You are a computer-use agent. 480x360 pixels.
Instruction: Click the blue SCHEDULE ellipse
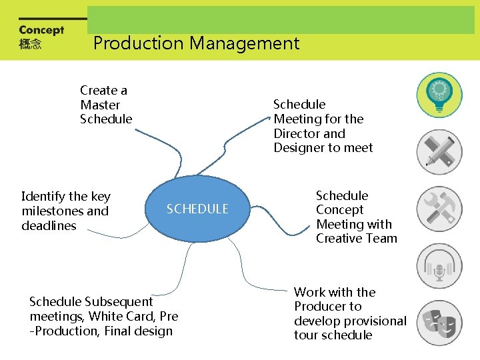click(x=197, y=209)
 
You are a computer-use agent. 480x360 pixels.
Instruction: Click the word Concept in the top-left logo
click(x=41, y=30)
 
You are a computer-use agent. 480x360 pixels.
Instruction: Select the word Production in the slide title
click(x=138, y=44)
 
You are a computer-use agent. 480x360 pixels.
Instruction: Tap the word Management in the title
click(x=245, y=44)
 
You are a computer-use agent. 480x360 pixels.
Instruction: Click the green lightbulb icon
click(x=439, y=95)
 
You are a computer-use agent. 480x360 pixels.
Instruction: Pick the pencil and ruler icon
click(x=439, y=152)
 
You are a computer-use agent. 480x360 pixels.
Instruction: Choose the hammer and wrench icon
click(x=439, y=209)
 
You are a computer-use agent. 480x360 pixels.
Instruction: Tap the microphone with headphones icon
click(x=439, y=266)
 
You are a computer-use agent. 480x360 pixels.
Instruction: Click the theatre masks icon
click(x=439, y=323)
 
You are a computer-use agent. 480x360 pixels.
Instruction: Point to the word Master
click(x=100, y=105)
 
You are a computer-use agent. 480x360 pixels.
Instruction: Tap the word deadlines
click(x=49, y=226)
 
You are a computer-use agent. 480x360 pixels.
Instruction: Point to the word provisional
click(x=374, y=321)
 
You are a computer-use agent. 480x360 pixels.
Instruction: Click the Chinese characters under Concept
click(x=30, y=45)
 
